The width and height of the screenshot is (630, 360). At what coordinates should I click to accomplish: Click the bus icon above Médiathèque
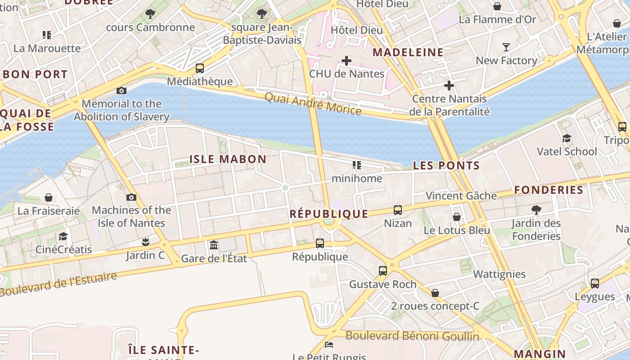tap(200, 68)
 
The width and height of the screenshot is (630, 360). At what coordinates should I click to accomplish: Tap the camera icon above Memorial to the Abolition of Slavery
tap(121, 90)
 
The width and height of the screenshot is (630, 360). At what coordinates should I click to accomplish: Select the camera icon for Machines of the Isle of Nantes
tap(131, 197)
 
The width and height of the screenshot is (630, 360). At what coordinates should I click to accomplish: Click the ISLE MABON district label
tap(228, 159)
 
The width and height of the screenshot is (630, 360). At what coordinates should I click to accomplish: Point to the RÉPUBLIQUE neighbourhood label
tap(328, 214)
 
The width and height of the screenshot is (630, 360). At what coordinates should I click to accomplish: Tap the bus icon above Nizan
tap(398, 210)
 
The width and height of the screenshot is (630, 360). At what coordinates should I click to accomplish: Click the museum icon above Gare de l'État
tap(214, 245)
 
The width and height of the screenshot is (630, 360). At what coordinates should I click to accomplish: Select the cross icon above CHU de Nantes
tap(346, 60)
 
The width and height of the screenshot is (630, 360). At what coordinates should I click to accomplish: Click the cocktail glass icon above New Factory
tap(506, 47)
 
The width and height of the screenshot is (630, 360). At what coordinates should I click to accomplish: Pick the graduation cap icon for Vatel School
tap(567, 138)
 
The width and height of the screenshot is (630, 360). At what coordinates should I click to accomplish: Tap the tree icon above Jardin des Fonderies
tap(536, 210)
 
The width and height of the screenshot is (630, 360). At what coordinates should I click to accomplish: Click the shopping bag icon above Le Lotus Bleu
tap(457, 217)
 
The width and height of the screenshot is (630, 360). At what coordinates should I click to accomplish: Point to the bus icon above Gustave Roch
tap(383, 271)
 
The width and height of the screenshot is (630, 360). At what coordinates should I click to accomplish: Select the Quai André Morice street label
tap(312, 103)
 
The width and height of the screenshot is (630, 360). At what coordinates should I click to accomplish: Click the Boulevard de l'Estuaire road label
tap(58, 284)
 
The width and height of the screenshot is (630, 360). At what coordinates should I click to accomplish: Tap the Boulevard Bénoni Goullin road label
tap(412, 336)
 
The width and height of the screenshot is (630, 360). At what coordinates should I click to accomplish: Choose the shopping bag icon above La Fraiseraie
tap(49, 198)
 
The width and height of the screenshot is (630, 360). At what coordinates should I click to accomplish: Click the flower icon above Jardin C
tap(145, 242)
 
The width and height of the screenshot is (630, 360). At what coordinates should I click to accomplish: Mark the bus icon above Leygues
tap(595, 283)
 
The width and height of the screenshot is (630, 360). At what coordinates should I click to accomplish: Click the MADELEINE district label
tap(408, 52)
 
